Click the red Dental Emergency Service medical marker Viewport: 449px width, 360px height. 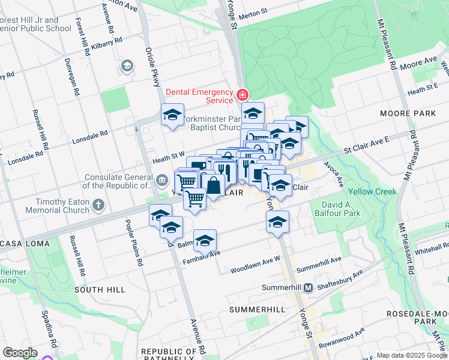click(243, 95)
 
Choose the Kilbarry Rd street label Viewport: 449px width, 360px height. click(108, 40)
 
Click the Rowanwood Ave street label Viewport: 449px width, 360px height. click(342, 339)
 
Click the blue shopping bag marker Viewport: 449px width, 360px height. click(213, 185)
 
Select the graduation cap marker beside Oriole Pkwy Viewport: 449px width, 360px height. click(172, 114)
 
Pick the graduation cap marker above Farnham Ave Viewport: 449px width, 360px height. click(205, 239)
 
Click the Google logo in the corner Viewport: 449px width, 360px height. click(20, 353)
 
